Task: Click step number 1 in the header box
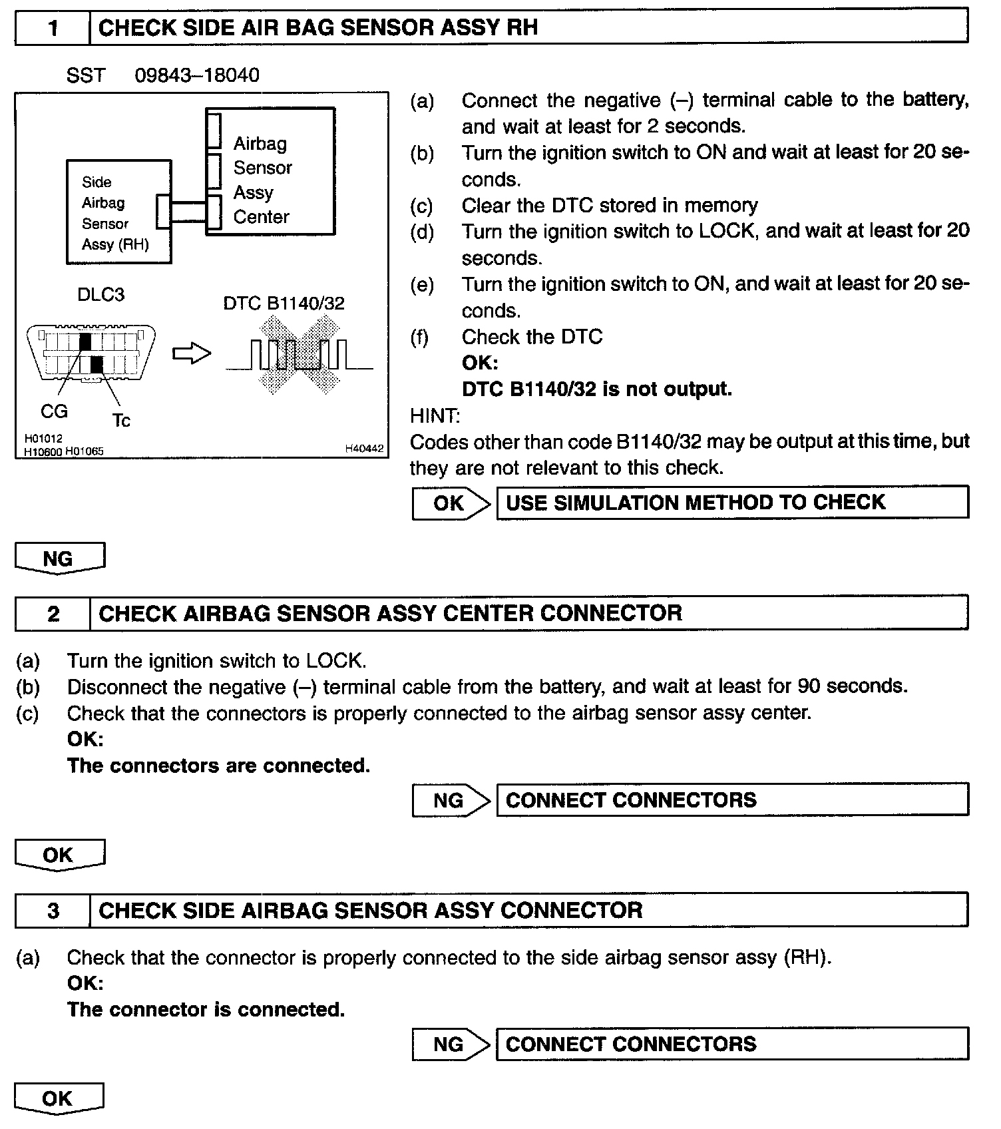tap(53, 28)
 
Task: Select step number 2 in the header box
tap(53, 613)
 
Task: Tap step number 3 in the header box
tap(53, 910)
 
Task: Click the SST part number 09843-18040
tap(197, 75)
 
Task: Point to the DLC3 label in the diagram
tap(101, 294)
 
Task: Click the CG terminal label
tap(54, 411)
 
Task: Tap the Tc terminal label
tap(121, 421)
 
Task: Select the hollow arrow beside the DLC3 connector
tap(192, 354)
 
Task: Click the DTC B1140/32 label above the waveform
tap(284, 304)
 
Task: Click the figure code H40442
tap(364, 449)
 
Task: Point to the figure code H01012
tap(43, 439)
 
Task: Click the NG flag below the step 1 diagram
tap(59, 558)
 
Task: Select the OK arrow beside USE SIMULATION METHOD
tap(451, 503)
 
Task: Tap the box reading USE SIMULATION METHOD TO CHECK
tap(732, 502)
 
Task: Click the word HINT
tap(435, 416)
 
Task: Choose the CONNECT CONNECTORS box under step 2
tap(732, 799)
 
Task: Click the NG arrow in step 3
tap(451, 1044)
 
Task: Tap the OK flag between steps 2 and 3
tap(59, 855)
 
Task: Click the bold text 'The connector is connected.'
tap(206, 1010)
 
